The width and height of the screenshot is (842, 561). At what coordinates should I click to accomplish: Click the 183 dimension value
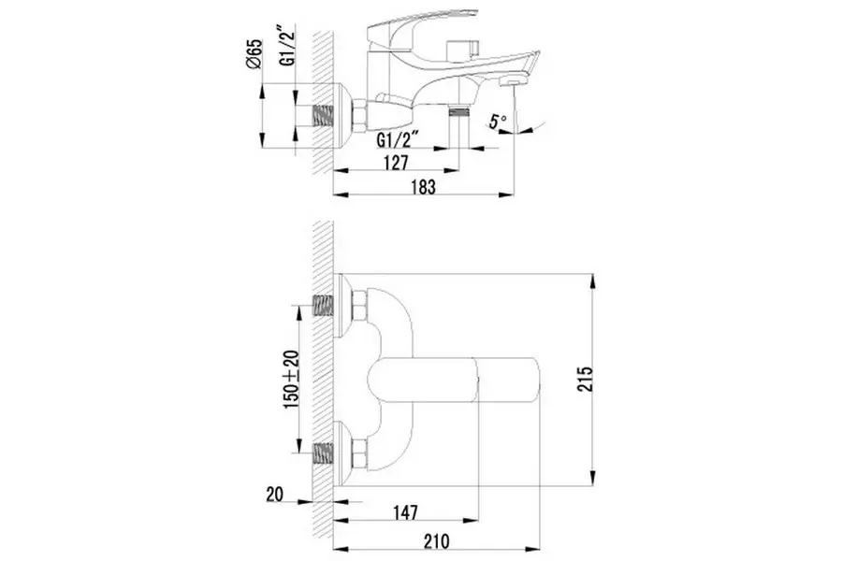pos(424,187)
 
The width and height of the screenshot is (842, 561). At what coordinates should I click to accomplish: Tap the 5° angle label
pos(500,121)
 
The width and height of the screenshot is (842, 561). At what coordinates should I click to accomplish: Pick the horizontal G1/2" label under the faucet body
pos(398,140)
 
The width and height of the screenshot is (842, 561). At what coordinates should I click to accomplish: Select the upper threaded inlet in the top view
pos(324,306)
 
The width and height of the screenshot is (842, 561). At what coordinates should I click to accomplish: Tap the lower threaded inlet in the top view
pos(324,453)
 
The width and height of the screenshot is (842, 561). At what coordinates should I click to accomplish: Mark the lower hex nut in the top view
pos(360,453)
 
